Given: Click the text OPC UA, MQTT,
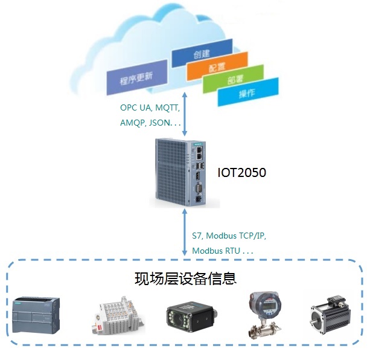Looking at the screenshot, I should (150, 108).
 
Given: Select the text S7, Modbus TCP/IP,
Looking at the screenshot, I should (228, 236).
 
